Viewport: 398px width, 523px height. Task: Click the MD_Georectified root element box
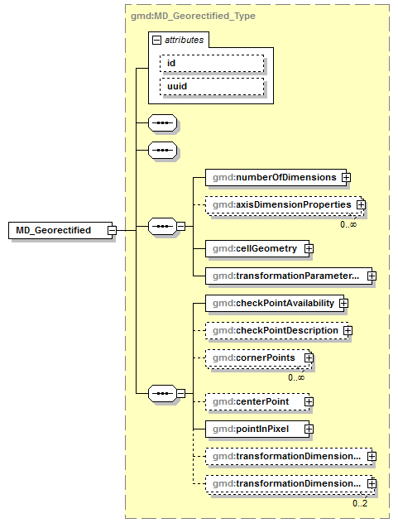tap(56, 230)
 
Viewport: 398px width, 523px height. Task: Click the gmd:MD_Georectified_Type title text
tap(193, 15)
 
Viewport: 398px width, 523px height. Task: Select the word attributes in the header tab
tap(184, 39)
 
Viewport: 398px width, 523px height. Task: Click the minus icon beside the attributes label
tap(156, 39)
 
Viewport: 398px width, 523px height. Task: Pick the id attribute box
tap(212, 63)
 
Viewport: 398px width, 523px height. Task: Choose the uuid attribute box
tap(212, 86)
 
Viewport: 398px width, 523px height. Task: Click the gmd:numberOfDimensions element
tap(273, 177)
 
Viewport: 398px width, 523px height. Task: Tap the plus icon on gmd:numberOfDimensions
tap(347, 177)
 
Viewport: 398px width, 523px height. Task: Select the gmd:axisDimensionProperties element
tap(281, 204)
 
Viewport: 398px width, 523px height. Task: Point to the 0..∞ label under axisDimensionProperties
tap(348, 224)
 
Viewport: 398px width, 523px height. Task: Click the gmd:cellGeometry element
tap(255, 247)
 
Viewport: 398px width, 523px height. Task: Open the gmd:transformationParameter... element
tap(285, 275)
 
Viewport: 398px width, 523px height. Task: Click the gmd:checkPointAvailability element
tap(272, 304)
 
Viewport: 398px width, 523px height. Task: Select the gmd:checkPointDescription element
tap(274, 330)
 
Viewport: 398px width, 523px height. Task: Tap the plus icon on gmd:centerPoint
tap(309, 401)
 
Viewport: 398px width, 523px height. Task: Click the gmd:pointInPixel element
tap(255, 429)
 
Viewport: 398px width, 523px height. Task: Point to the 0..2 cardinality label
tap(360, 503)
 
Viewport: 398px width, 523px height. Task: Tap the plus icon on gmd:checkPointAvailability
tap(343, 304)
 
